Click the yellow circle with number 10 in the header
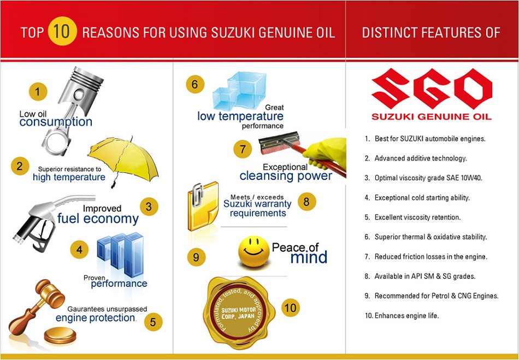[x=62, y=32]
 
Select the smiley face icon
[x=254, y=251]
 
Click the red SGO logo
[x=432, y=88]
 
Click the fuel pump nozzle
[x=50, y=220]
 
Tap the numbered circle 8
[x=306, y=201]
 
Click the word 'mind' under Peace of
[x=309, y=257]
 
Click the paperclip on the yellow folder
[x=198, y=195]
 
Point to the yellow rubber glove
[x=326, y=152]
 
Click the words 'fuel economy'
[x=98, y=219]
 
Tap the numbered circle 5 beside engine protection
[x=153, y=322]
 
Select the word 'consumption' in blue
[x=56, y=122]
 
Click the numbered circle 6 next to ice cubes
[x=195, y=84]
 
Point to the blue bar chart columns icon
[x=121, y=254]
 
